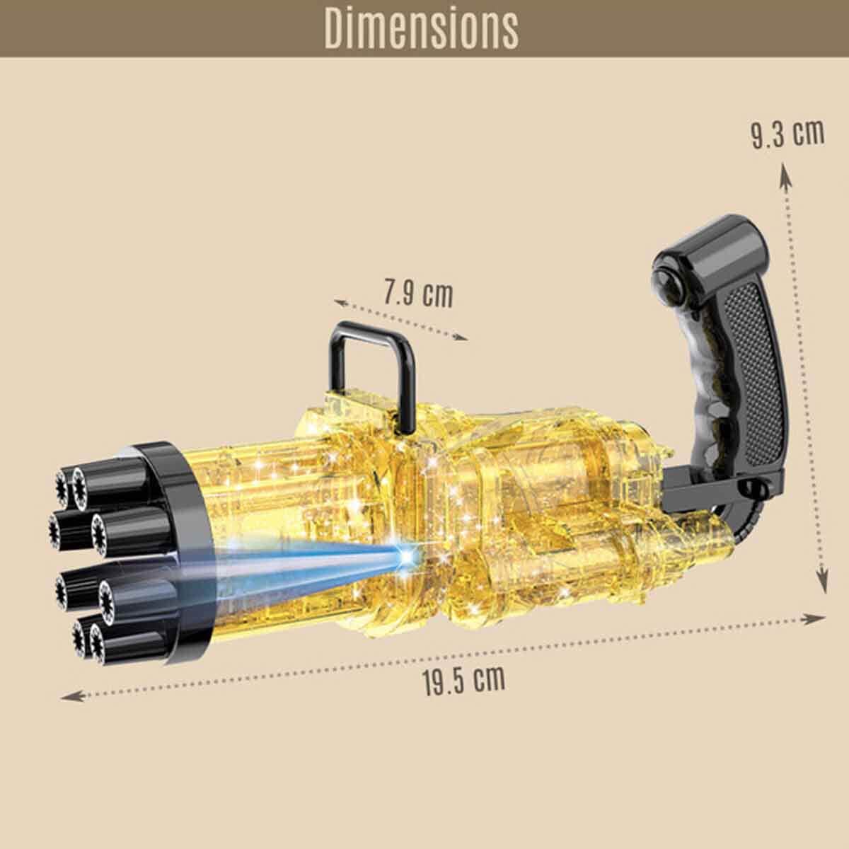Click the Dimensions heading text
(x=421, y=28)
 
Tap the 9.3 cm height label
(x=787, y=134)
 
